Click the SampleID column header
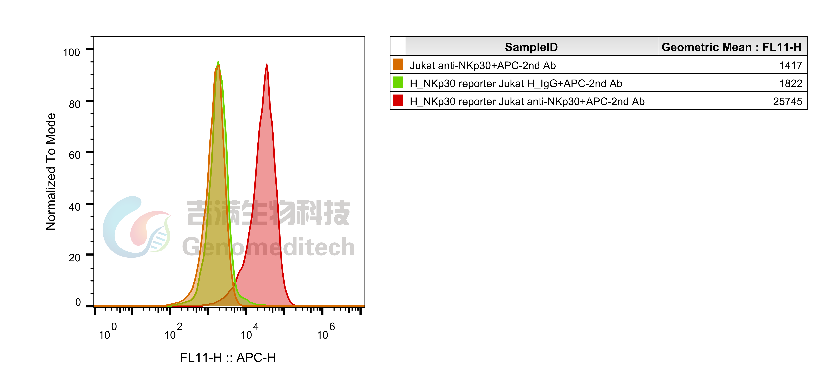click(x=531, y=47)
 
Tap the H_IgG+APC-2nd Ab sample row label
click(x=516, y=84)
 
